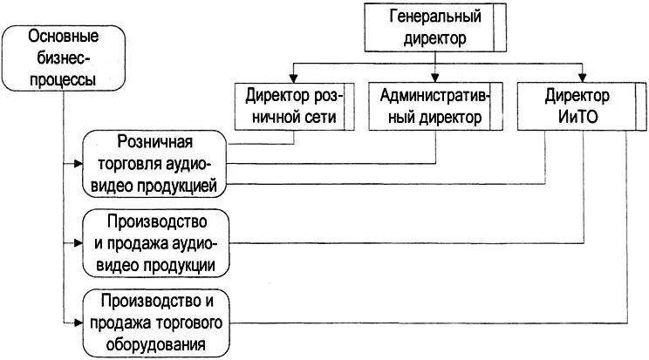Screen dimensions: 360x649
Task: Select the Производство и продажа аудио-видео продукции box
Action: pos(157,242)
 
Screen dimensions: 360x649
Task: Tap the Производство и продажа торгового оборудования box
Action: pos(157,323)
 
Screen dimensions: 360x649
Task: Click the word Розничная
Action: pos(154,143)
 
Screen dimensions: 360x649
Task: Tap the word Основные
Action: pos(63,37)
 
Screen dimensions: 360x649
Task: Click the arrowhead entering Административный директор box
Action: pos(436,78)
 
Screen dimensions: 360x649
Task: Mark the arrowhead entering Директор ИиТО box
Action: pos(582,78)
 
